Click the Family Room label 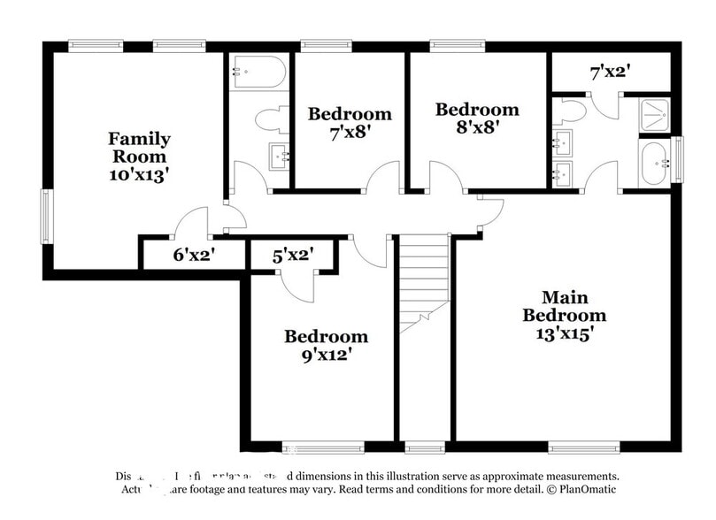click(x=139, y=147)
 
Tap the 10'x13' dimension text click(x=139, y=173)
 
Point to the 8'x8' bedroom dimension click(x=476, y=126)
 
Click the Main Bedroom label click(x=564, y=306)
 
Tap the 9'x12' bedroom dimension click(x=326, y=354)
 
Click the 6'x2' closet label click(x=194, y=256)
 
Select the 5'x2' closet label click(x=292, y=256)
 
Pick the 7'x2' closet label click(x=610, y=71)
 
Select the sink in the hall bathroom click(x=281, y=157)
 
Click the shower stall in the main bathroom click(x=655, y=114)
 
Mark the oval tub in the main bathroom click(x=656, y=163)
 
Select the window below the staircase click(x=424, y=447)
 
